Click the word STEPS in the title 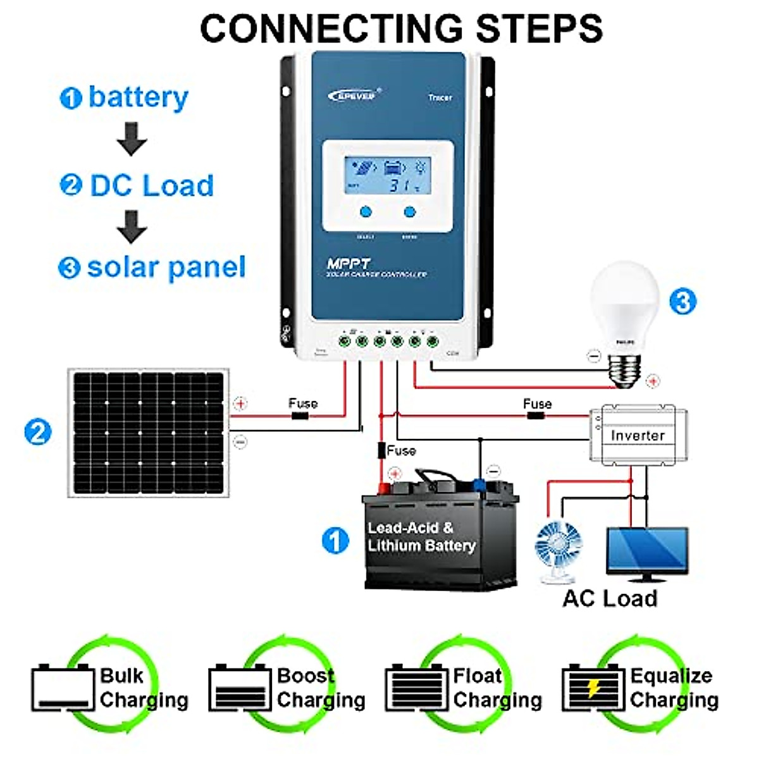[x=538, y=28]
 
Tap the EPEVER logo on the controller [x=353, y=95]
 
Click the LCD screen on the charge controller [x=388, y=175]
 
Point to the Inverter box [x=638, y=435]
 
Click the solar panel [x=149, y=434]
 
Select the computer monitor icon [x=646, y=553]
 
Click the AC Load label [x=610, y=598]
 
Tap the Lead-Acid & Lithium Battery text [x=421, y=537]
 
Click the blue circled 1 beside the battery [x=335, y=541]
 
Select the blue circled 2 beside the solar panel [x=37, y=433]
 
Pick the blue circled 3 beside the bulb [x=683, y=301]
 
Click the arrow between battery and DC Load [x=132, y=139]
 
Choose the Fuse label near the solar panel [x=303, y=403]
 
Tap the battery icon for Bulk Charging [x=62, y=688]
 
